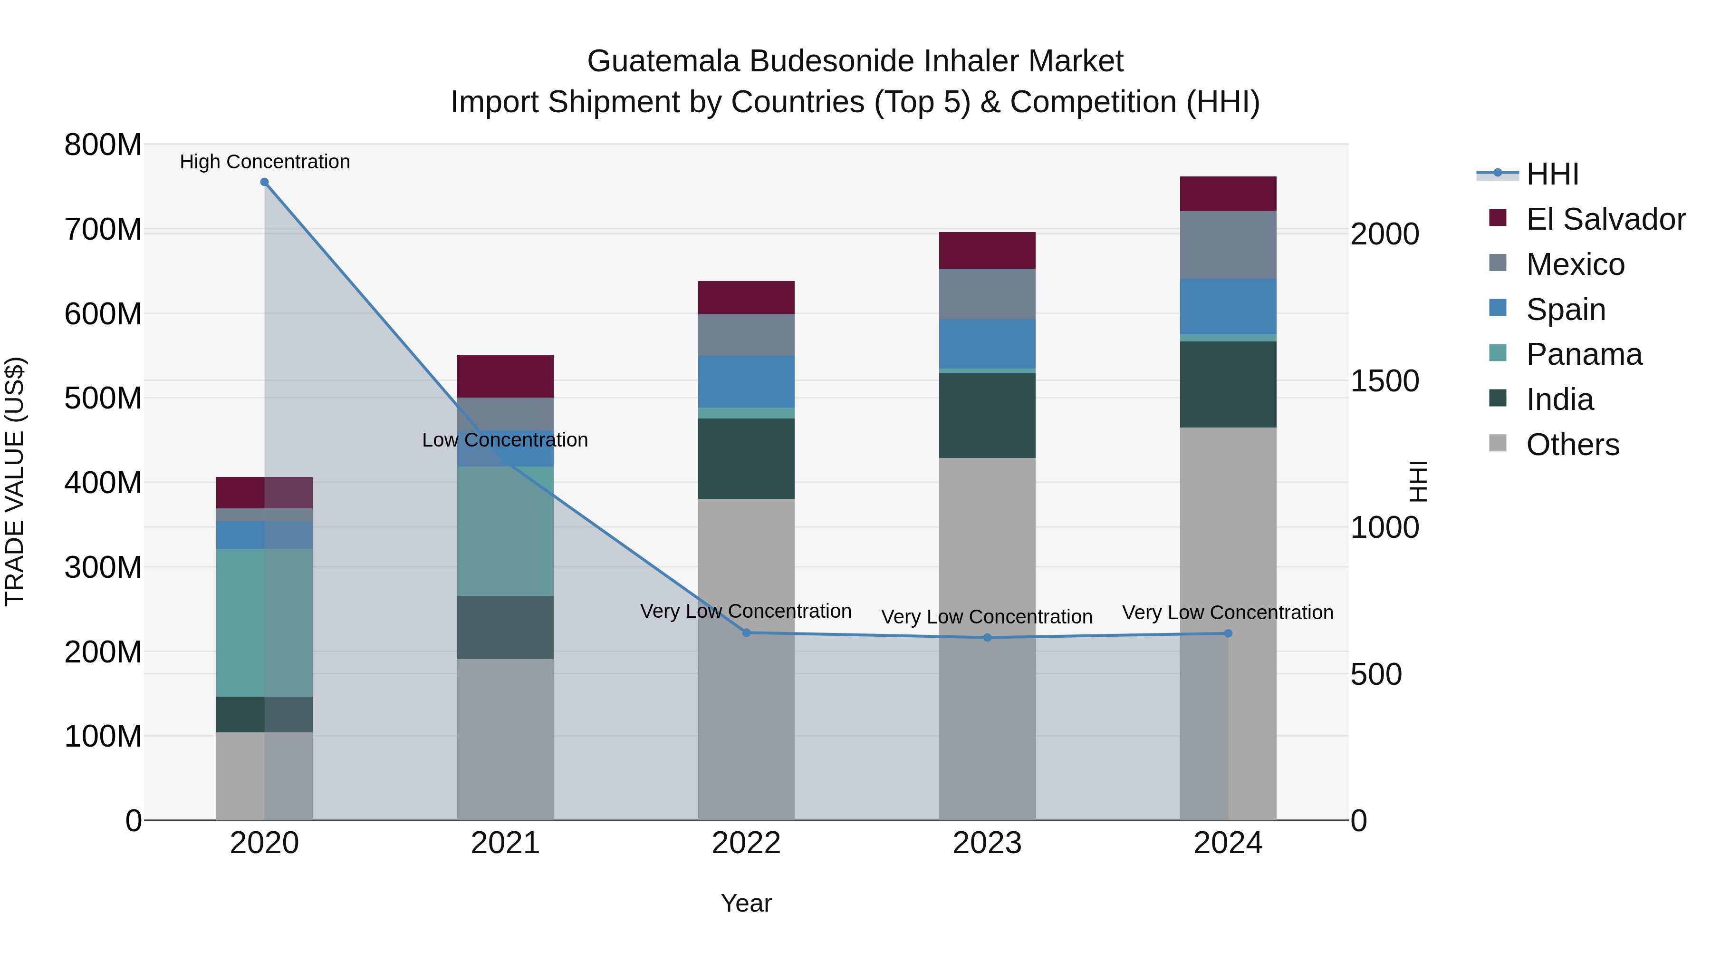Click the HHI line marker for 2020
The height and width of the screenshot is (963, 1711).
click(x=264, y=182)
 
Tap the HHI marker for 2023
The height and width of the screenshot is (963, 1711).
click(x=987, y=637)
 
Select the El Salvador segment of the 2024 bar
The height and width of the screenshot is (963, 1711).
click(x=1228, y=194)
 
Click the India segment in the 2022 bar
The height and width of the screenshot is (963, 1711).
click(x=746, y=458)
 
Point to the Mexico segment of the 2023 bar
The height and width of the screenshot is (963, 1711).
click(x=987, y=294)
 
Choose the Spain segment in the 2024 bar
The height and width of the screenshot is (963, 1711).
click(x=1228, y=306)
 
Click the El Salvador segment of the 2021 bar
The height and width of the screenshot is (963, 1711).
click(x=506, y=376)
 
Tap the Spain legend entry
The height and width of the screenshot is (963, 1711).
click(x=1566, y=310)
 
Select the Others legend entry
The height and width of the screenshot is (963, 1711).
click(x=1572, y=445)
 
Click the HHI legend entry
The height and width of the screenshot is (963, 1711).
click(x=1552, y=174)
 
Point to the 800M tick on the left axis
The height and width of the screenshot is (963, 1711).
click(x=103, y=145)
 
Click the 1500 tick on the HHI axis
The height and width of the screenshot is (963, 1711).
click(x=1385, y=381)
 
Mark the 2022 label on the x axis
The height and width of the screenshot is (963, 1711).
click(x=746, y=843)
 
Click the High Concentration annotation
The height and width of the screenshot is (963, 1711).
click(x=264, y=162)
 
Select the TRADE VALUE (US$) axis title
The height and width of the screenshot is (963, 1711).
click(x=15, y=481)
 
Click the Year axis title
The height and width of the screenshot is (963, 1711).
click(x=746, y=903)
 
